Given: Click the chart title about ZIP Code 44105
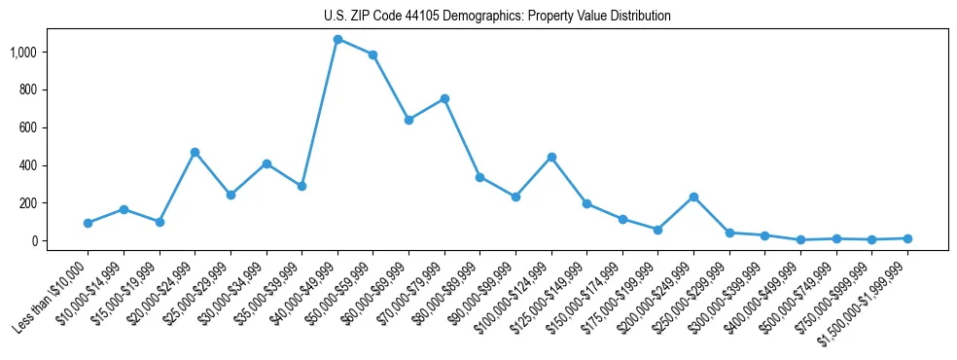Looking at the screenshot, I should tap(497, 17).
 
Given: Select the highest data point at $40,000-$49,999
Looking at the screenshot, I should tap(337, 39).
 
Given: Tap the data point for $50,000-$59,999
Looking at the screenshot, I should tap(372, 54).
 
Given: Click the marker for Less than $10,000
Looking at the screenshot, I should tap(88, 223).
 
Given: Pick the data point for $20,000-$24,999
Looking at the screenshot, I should tap(195, 152).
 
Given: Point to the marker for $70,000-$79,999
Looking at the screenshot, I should tap(444, 98).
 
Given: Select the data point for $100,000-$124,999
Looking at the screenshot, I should tap(551, 157).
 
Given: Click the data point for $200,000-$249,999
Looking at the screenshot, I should tap(693, 197).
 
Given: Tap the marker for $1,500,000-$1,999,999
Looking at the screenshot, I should tap(907, 238).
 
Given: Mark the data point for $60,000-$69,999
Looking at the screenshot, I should tap(408, 120).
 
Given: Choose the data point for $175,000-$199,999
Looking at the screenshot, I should tap(657, 230).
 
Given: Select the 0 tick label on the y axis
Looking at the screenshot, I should tap(36, 241).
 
